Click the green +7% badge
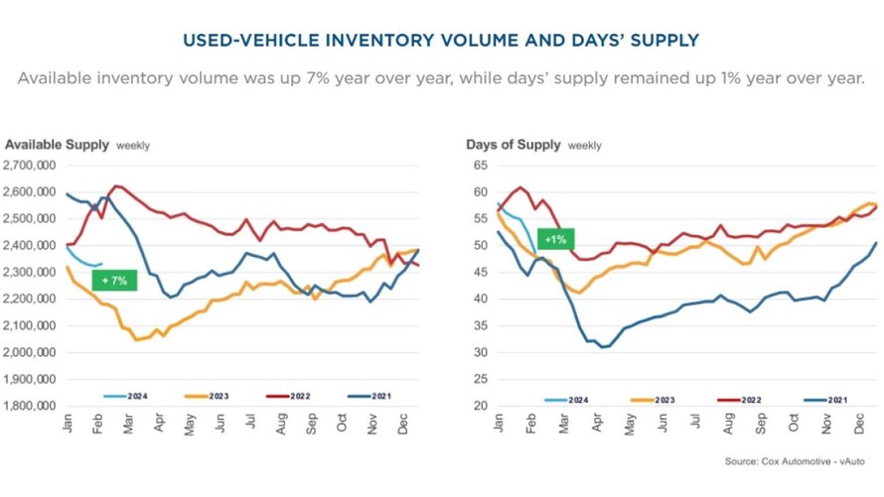tap(114, 282)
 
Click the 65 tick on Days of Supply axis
tap(479, 165)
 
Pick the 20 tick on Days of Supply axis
tap(479, 406)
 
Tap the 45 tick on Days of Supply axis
tap(479, 272)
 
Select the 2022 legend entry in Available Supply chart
tap(294, 396)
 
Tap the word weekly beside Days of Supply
tap(584, 146)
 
